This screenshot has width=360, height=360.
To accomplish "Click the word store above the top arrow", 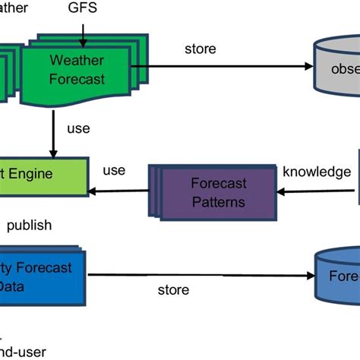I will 201,49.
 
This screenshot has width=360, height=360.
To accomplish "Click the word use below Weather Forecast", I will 78,129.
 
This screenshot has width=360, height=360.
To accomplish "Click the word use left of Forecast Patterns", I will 113,171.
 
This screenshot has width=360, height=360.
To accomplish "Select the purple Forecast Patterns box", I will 218,192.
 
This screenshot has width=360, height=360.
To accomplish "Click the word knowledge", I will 317,172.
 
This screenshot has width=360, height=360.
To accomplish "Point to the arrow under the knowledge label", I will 317,191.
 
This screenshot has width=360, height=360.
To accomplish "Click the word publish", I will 29,225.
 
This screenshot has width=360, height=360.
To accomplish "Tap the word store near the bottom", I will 173,289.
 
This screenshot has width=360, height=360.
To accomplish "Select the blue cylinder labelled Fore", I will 337,276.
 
